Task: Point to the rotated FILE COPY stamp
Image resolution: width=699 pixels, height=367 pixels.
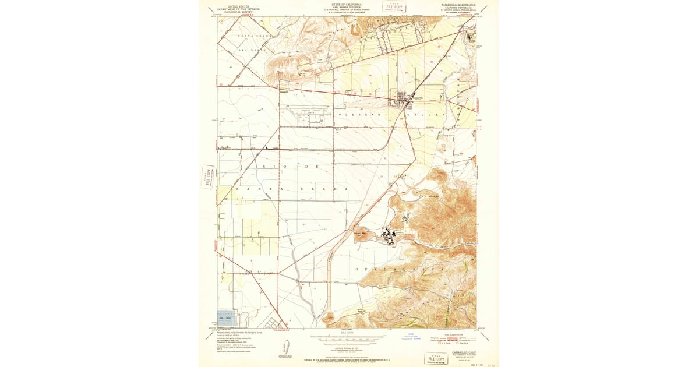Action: pos(208,177)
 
